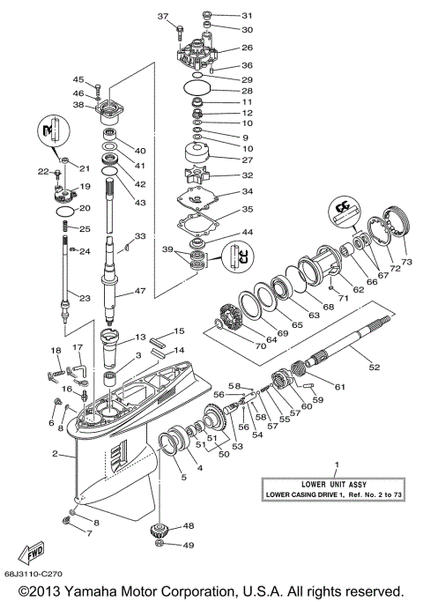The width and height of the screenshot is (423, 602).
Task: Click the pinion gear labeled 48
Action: pos(161,531)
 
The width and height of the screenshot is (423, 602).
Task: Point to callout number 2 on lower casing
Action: pos(55,455)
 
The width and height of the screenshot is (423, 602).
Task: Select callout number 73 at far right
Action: pos(407,262)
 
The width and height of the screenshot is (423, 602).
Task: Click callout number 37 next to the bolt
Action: pos(162,17)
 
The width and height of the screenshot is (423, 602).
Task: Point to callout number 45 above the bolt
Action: pos(78,80)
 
